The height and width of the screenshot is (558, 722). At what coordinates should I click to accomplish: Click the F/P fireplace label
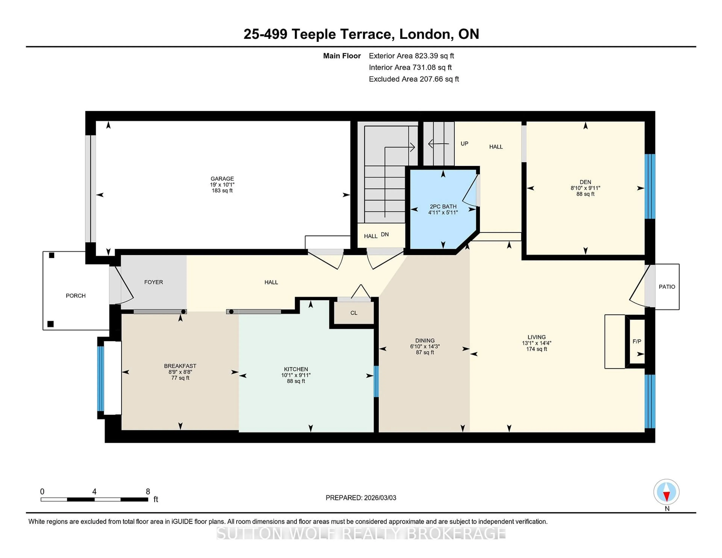637,341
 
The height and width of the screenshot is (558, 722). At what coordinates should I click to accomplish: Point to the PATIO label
667,287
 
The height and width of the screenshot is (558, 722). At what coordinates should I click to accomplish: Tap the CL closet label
354,313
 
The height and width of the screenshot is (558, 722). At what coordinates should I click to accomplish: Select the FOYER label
153,282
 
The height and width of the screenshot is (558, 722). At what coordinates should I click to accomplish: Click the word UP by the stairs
464,143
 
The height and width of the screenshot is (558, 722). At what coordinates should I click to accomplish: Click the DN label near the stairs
385,234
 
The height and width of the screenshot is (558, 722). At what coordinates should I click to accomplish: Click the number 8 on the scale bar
148,492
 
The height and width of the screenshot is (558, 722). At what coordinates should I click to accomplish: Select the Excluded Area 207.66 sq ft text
414,79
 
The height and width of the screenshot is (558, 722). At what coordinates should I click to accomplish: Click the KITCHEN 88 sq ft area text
296,381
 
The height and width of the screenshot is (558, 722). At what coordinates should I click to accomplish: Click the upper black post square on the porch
52,255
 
